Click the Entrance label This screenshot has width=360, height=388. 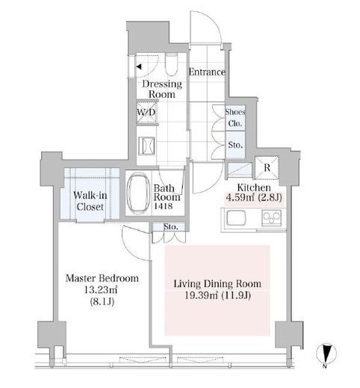click(x=207, y=72)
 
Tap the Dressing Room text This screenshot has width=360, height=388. click(x=162, y=89)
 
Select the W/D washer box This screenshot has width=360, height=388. click(x=146, y=113)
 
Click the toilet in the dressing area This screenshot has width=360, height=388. click(x=171, y=64)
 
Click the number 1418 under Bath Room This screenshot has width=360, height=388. click(x=163, y=206)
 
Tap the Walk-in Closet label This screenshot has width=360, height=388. click(x=90, y=201)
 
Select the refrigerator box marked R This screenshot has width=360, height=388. click(x=267, y=168)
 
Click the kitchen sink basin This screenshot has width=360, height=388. click(x=236, y=219)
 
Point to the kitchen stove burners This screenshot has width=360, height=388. click(x=271, y=218)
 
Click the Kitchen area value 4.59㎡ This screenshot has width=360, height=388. click(x=240, y=198)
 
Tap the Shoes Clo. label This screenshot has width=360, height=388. click(x=235, y=117)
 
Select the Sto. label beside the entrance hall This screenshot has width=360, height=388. click(x=235, y=145)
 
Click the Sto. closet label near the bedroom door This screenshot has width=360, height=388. click(x=171, y=227)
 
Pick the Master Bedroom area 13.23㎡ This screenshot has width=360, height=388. click(x=101, y=290)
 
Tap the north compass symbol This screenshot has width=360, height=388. click(x=326, y=354)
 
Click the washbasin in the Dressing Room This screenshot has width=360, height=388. click(x=147, y=145)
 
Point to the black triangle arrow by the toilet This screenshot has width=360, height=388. click(x=139, y=66)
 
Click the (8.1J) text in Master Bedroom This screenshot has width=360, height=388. click(x=102, y=301)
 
